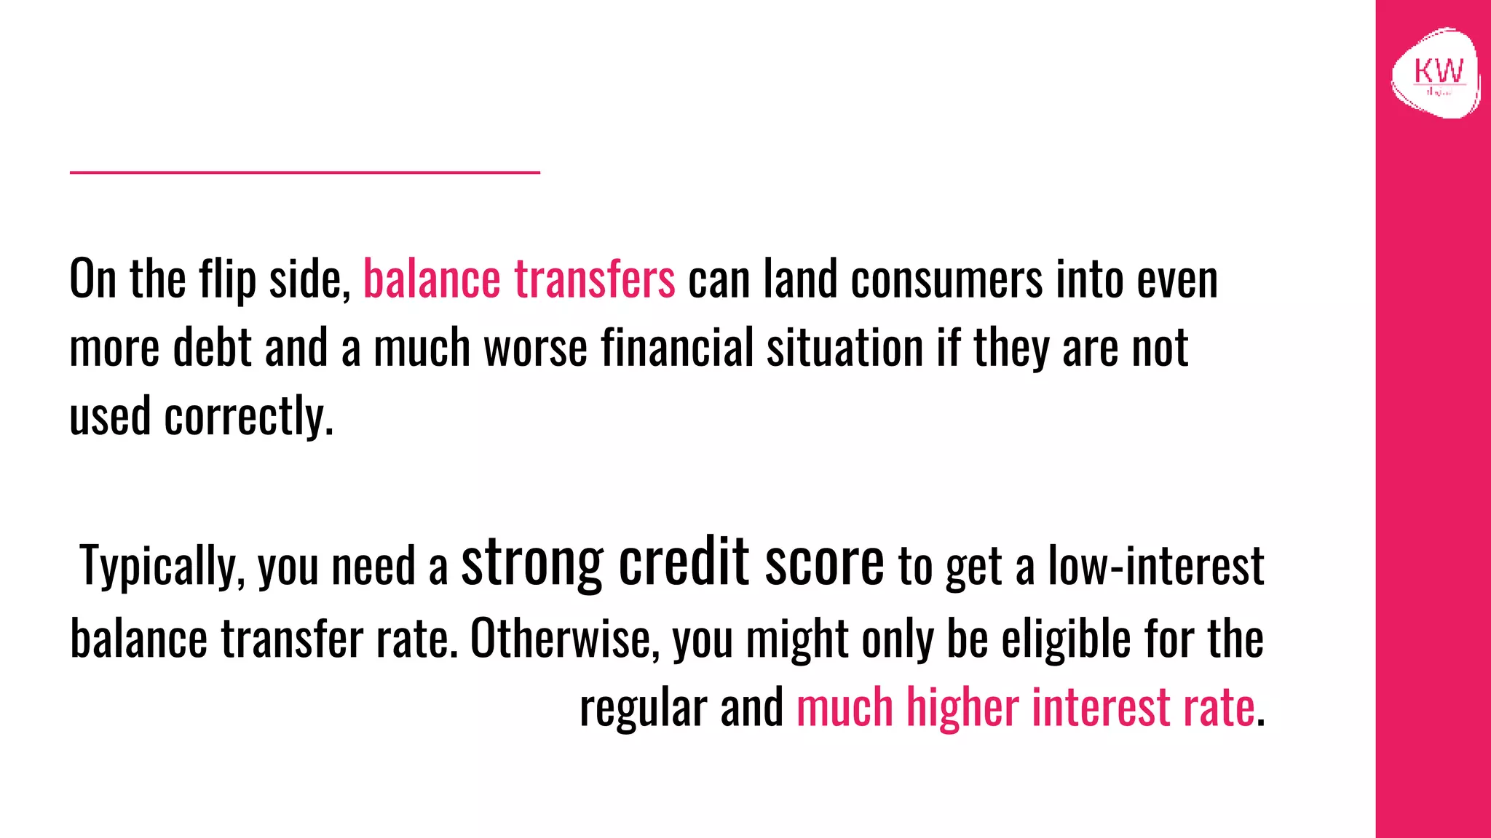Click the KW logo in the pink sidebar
tap(1436, 73)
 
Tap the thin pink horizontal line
tap(304, 172)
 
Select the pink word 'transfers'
tap(594, 279)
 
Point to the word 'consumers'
tap(946, 279)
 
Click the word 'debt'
tap(212, 348)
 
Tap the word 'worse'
tap(535, 348)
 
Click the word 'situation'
tap(845, 348)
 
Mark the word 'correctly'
tap(248, 417)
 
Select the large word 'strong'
tap(532, 562)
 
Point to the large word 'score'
tap(824, 562)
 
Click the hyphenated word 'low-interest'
tap(1155, 566)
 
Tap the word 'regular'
tap(643, 708)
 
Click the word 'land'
tap(800, 279)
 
